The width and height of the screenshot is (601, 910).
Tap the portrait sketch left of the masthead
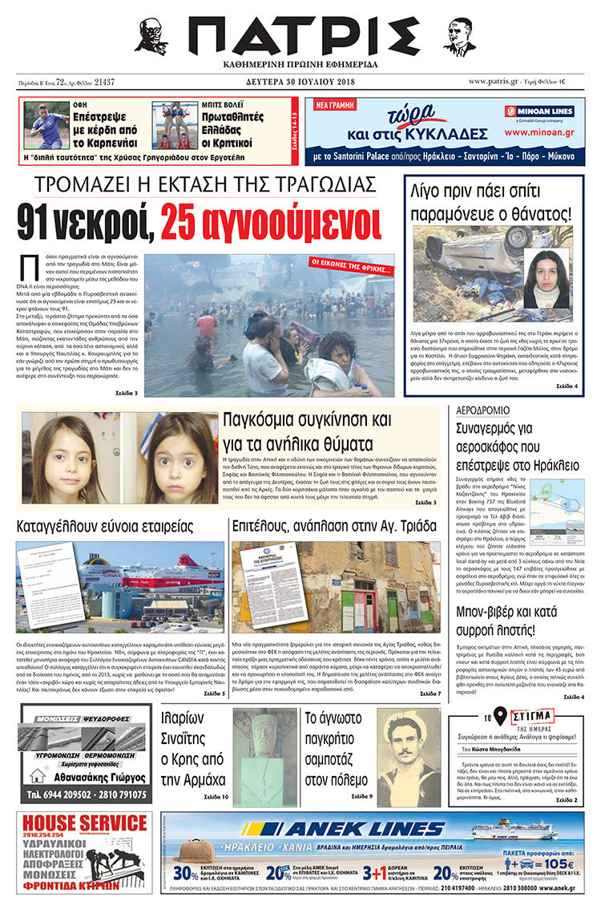point(151,36)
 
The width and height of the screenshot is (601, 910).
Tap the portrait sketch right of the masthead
point(459,36)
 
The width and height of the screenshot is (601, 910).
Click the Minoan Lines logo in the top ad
point(538,113)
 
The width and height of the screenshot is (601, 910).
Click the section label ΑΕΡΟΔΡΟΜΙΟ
point(482,410)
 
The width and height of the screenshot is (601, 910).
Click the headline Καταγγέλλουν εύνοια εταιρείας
point(105,527)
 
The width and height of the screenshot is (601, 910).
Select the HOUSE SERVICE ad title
point(84,823)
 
